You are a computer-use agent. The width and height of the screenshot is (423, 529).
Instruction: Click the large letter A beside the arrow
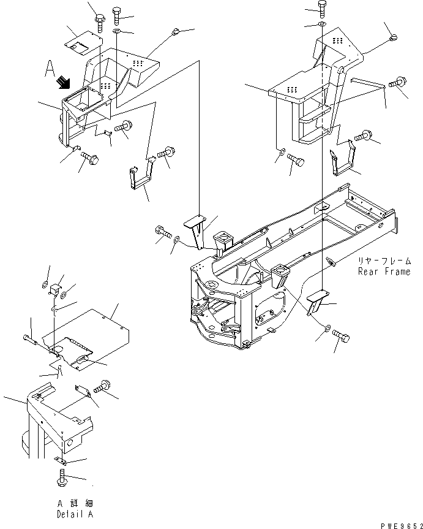[50, 69]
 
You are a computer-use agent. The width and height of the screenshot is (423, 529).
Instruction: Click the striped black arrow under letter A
[64, 83]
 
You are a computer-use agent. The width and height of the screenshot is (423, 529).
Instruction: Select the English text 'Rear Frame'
[384, 272]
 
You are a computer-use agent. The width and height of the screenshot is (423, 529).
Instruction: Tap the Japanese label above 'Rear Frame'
[384, 261]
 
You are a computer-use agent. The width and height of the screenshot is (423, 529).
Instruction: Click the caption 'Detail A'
[75, 514]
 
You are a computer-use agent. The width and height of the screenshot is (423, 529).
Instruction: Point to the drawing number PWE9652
[401, 525]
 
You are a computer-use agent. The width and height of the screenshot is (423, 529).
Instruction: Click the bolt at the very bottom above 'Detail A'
[62, 478]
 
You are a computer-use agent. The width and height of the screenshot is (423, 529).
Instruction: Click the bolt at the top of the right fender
[322, 9]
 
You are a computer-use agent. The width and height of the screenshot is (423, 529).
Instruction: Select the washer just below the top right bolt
[321, 24]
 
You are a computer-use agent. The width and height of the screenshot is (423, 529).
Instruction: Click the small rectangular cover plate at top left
[83, 44]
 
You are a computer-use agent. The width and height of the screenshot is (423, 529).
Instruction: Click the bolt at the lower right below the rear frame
[341, 336]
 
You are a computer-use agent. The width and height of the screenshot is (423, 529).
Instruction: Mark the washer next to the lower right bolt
[327, 328]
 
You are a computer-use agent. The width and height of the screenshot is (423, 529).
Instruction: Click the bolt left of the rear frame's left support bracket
[163, 232]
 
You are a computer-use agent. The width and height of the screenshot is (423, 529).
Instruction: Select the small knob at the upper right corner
[394, 37]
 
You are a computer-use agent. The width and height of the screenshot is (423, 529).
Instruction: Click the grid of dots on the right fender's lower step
[292, 89]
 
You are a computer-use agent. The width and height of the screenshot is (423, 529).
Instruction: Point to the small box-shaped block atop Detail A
[55, 289]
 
